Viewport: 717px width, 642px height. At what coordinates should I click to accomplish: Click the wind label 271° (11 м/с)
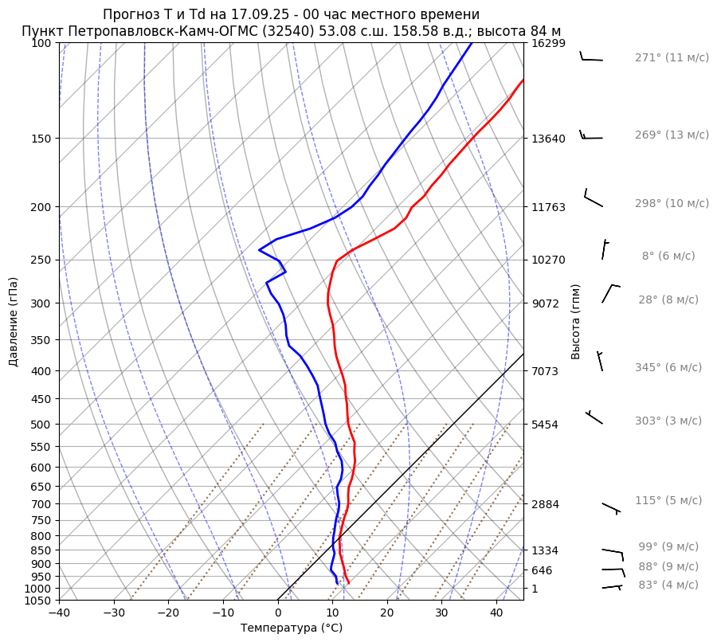point(672,57)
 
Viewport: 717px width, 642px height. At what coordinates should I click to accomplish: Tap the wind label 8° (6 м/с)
point(668,256)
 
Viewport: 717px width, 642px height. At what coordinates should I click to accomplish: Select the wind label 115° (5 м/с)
point(668,500)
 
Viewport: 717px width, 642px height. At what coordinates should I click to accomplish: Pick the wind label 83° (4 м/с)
point(668,585)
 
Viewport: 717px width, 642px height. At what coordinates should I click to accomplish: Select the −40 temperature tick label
point(59,613)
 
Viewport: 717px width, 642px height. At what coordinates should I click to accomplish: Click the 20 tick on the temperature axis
point(387,613)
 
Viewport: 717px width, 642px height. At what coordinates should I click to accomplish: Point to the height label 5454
point(547,425)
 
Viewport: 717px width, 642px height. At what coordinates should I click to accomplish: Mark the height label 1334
point(547,550)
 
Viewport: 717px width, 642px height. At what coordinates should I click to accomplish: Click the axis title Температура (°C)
point(292,628)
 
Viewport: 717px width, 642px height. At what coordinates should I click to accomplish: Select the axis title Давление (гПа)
point(14,322)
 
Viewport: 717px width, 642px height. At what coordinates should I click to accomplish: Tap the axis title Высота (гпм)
point(576,322)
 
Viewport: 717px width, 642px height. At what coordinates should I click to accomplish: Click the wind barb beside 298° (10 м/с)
point(593,199)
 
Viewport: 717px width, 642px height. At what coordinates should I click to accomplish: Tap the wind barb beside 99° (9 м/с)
point(613,552)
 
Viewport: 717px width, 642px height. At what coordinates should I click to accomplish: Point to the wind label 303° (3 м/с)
point(668,421)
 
